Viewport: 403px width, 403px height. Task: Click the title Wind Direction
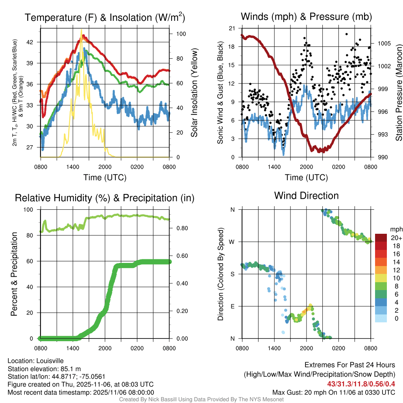pos(306,196)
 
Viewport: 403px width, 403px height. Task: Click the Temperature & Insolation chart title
pos(105,18)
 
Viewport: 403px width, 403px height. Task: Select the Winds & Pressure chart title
pos(306,17)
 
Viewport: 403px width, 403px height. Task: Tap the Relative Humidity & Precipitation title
pos(105,198)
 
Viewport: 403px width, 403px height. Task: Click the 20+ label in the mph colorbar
pos(396,238)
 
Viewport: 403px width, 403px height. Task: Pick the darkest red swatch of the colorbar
pos(381,238)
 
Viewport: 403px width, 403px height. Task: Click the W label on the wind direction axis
pos(233,242)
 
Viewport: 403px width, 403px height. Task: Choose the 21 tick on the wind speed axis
pos(232,28)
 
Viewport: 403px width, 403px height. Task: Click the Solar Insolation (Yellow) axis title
pos(194,92)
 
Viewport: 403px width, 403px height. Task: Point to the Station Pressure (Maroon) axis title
pos(398,92)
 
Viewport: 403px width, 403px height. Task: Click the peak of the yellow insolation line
pos(81,30)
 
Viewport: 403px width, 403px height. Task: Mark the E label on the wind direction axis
pos(233,306)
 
